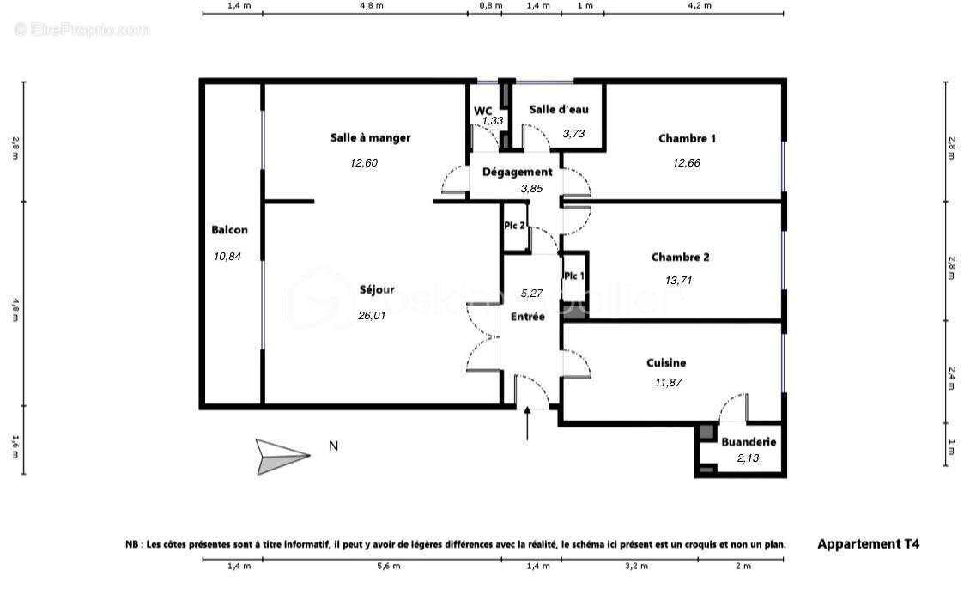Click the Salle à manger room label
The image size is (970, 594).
[x=370, y=137]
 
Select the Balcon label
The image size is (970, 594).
[x=229, y=229]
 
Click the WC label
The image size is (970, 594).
[x=483, y=110]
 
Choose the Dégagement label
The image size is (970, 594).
[x=517, y=172]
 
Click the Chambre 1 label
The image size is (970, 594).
[x=687, y=138]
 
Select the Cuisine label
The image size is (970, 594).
[x=666, y=363]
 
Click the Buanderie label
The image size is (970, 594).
[x=749, y=442]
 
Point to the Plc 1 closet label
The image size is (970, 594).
[x=573, y=276]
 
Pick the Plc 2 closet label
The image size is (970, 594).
[x=514, y=225]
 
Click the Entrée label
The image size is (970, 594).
[x=528, y=316]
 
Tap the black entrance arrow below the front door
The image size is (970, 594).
[x=527, y=423]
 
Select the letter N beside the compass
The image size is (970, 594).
[x=334, y=445]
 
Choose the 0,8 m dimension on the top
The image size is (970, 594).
[x=490, y=6]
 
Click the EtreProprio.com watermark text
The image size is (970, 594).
[x=82, y=30]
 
